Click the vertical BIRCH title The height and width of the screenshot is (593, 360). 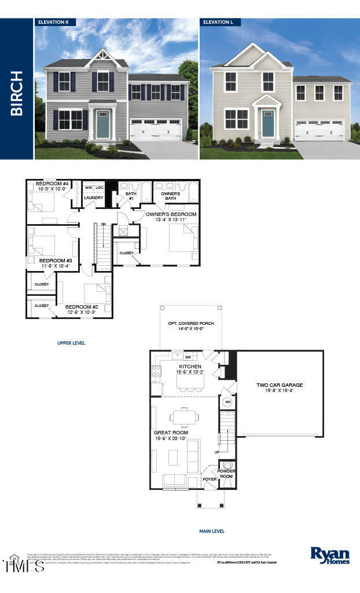tap(16, 93)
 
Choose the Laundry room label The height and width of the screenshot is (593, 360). tap(93, 198)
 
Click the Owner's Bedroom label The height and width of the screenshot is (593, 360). tap(171, 214)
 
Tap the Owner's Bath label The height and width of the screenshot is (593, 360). tap(170, 196)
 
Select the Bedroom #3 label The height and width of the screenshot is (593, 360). tap(55, 261)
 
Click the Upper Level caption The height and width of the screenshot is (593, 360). tap(71, 343)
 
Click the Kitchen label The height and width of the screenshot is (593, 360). tap(190, 367)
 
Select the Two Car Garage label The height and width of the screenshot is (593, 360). tap(280, 385)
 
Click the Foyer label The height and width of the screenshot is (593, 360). tap(209, 479)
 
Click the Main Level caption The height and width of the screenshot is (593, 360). tap(212, 531)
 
